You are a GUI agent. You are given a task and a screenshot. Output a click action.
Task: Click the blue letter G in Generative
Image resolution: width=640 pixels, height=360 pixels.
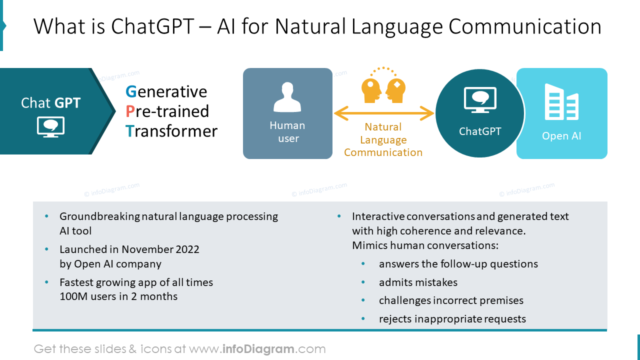pos(131,91)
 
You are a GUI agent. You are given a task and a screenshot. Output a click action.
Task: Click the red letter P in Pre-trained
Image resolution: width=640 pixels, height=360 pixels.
pos(130,111)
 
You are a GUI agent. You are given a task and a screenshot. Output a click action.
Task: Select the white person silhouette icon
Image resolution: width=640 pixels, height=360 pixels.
pos(287,97)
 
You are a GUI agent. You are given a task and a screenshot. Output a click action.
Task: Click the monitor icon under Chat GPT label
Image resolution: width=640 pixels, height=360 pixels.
pos(50,127)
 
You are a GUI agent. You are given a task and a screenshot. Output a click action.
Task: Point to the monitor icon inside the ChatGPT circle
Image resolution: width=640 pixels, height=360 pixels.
pos(480,100)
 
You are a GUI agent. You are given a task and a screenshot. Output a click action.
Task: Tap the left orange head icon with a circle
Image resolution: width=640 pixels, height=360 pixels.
pos(371,91)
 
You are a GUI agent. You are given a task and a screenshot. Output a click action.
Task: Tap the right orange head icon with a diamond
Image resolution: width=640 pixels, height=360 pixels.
pos(395,91)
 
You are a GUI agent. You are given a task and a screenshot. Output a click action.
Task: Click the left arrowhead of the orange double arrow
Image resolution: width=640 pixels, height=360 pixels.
pos(341,113)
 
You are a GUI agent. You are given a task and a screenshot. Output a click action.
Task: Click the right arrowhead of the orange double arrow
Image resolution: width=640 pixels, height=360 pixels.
pos(427,113)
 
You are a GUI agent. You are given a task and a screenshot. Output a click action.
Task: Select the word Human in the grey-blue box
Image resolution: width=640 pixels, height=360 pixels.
pos(287,125)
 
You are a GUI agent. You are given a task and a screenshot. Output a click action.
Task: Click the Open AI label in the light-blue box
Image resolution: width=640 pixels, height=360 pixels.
pos(561,136)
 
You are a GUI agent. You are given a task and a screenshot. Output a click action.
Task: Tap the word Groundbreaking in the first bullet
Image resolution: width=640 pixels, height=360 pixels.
pos(99,217)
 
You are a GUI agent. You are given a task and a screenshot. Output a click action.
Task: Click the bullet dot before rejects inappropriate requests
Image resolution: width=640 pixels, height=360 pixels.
pos(363,318)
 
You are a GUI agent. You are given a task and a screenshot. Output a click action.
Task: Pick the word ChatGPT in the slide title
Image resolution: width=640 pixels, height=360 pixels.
pos(152,26)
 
